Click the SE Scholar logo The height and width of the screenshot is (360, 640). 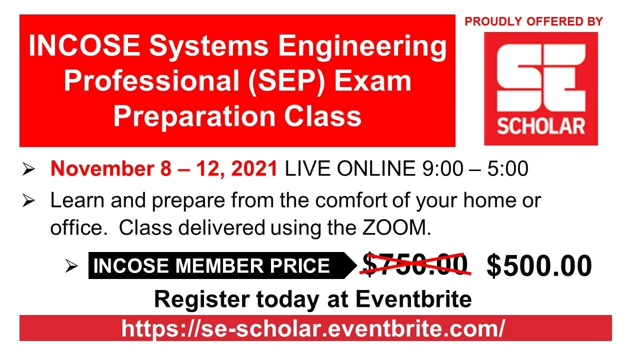coord(540,88)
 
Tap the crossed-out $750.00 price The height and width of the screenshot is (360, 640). coord(415,264)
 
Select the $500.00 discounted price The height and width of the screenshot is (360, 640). coord(539,266)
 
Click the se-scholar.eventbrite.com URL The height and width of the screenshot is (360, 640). coord(313,328)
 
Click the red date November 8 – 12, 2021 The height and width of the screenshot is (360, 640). coord(164,169)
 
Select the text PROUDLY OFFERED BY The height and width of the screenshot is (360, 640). coord(533,21)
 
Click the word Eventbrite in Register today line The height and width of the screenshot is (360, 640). coord(413,299)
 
